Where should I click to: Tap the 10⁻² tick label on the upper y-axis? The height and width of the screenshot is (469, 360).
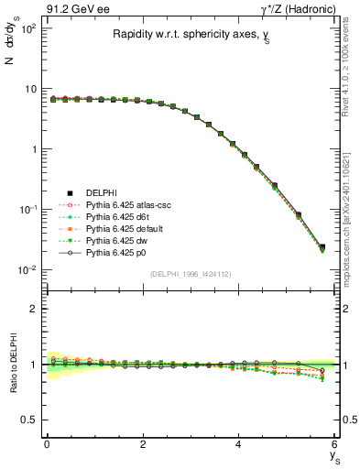27,269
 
